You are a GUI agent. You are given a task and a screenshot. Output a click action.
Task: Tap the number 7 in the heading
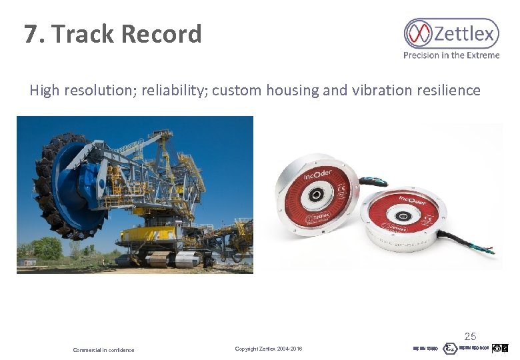(31, 34)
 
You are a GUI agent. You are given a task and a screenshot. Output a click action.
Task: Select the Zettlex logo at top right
(451, 33)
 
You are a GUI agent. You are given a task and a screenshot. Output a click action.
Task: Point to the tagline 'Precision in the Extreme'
(451, 55)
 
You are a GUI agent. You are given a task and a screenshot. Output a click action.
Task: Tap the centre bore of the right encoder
(403, 217)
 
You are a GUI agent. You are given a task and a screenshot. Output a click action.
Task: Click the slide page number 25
(470, 337)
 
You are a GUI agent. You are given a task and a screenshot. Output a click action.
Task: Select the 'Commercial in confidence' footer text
(103, 350)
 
